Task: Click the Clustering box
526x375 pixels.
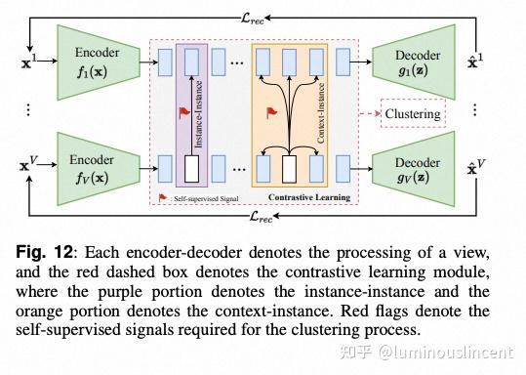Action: (x=412, y=114)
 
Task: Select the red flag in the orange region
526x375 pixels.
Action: (x=270, y=112)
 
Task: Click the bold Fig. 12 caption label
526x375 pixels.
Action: (x=51, y=240)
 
